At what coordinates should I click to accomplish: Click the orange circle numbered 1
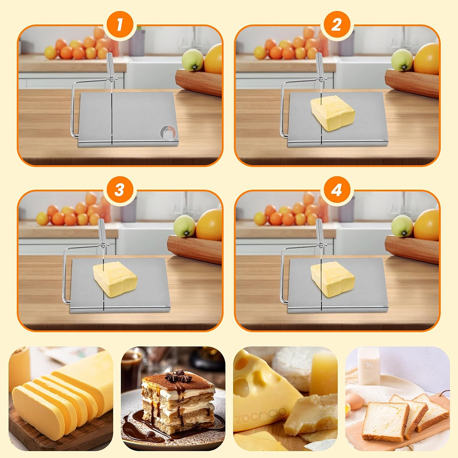tap(120, 24)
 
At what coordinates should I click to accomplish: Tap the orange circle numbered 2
tap(337, 24)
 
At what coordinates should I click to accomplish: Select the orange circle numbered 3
tap(120, 190)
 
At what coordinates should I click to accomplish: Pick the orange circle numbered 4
tap(337, 190)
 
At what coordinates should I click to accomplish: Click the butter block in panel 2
tap(333, 113)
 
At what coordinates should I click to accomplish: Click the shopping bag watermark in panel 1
tap(168, 133)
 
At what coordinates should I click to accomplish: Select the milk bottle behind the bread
tap(369, 366)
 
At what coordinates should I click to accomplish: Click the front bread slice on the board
tap(385, 421)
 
